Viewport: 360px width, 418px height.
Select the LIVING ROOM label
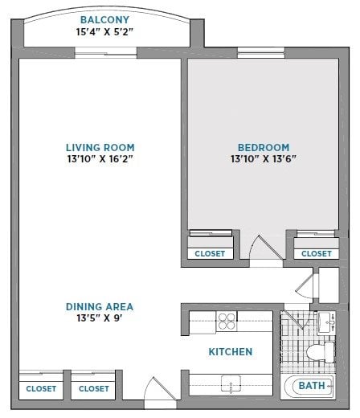100,147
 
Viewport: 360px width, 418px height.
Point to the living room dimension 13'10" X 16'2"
100,159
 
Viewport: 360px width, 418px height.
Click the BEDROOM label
263,147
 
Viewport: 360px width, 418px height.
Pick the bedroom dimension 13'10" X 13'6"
263,159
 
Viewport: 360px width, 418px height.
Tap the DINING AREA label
100,306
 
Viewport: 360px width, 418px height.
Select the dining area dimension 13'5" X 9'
100,318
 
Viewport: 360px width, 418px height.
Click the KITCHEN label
231,352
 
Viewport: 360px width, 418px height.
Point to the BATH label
311,386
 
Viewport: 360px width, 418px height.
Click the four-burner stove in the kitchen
227,322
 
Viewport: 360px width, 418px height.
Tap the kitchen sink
231,385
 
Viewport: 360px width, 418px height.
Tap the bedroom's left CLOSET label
210,253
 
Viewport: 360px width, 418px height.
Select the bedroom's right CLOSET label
316,253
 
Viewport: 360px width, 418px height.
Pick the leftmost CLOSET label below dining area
41,388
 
